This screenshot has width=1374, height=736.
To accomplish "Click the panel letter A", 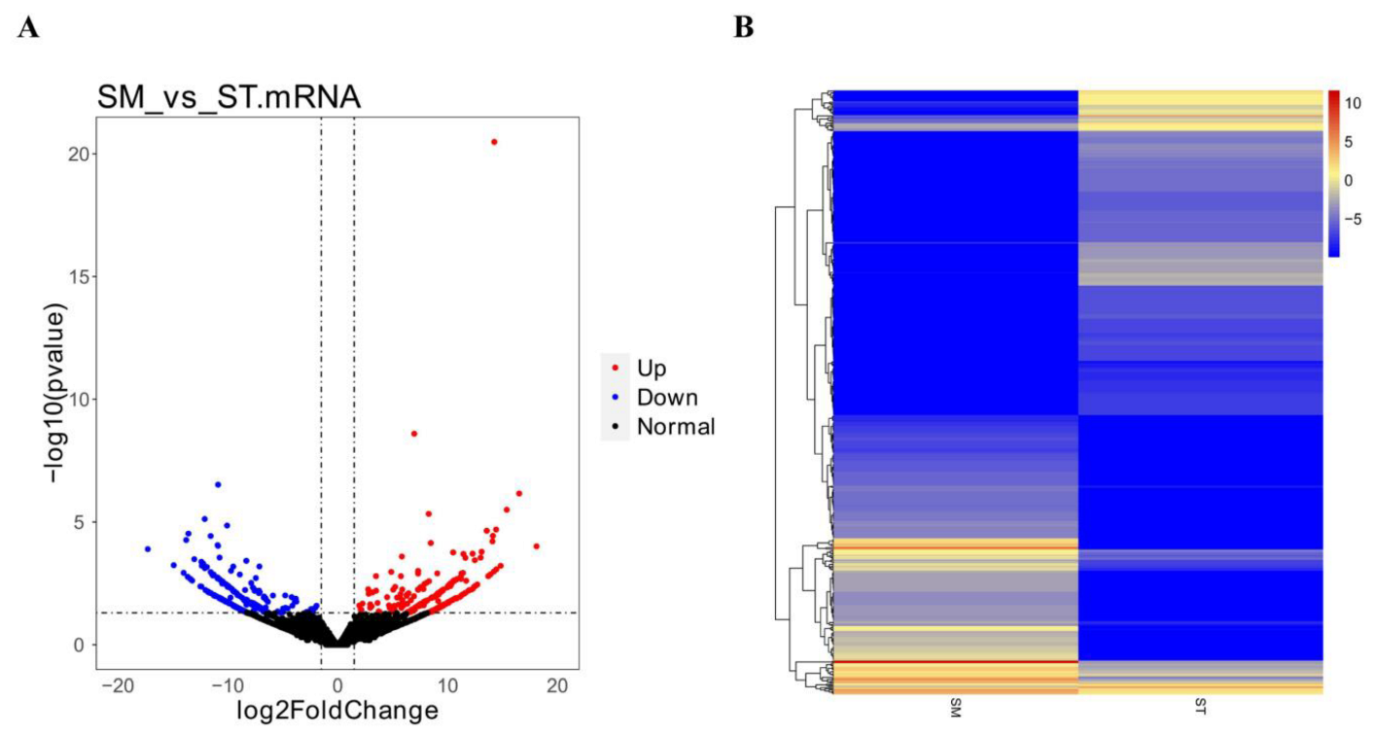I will click(29, 28).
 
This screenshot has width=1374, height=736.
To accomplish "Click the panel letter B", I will click(743, 28).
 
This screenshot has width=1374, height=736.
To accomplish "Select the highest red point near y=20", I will click(494, 142).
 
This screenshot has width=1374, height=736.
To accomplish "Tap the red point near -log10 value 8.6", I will click(414, 434).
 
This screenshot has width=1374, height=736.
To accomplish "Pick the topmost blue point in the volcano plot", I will click(218, 484).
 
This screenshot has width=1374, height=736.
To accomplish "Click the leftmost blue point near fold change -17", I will click(148, 549).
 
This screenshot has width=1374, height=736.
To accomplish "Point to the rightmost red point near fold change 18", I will click(536, 546).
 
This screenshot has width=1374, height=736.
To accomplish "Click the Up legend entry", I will click(652, 368).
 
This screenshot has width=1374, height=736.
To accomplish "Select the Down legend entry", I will click(666, 398).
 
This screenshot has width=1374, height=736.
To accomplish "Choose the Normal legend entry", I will click(675, 427).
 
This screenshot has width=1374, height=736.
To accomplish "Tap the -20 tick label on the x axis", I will click(117, 686).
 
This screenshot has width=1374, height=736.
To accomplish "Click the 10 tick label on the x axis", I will click(447, 686).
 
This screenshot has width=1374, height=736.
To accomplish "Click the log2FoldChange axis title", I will click(337, 712).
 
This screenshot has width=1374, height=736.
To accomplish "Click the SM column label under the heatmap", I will click(956, 712).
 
